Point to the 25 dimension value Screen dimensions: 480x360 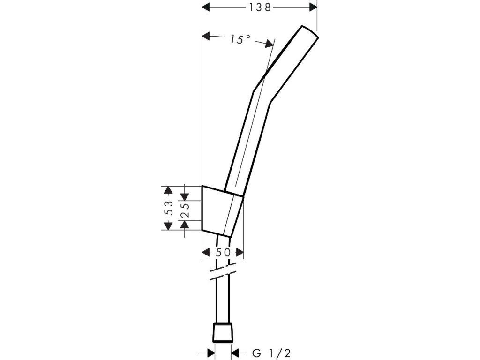[185, 207]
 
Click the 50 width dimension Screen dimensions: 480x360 [223, 252]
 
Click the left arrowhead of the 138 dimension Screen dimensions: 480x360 [205, 7]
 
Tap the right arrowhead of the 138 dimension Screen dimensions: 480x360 [313, 7]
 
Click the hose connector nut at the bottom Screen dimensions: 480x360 [223, 332]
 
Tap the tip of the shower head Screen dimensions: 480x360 [309, 32]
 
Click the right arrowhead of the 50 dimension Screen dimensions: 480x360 [240, 252]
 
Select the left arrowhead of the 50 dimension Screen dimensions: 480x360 [206, 252]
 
